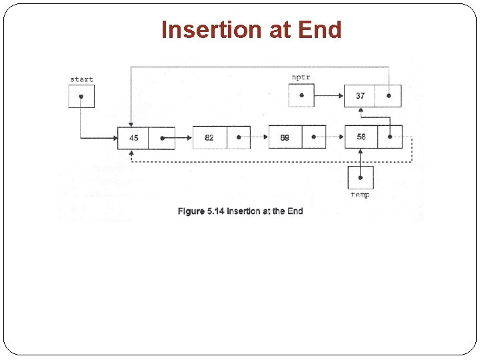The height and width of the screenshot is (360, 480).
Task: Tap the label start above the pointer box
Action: pyautogui.click(x=81, y=79)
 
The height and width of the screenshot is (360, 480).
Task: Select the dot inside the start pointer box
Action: pyautogui.click(x=81, y=96)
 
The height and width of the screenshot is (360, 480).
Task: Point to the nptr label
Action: pyautogui.click(x=301, y=77)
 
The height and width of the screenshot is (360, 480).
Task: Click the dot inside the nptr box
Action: pyautogui.click(x=301, y=95)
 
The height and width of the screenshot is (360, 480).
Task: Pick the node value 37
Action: pyautogui.click(x=360, y=96)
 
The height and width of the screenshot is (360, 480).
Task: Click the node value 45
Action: pyautogui.click(x=133, y=138)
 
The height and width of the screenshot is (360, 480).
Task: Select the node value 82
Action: pyautogui.click(x=209, y=138)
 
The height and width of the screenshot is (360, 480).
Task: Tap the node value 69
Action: pyautogui.click(x=285, y=138)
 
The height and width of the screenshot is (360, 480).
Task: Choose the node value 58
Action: pyautogui.click(x=361, y=137)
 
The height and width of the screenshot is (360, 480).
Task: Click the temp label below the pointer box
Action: pyautogui.click(x=360, y=195)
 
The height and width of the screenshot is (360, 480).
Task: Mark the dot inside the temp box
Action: pyautogui.click(x=361, y=177)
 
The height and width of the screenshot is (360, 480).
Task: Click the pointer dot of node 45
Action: pyautogui.click(x=162, y=138)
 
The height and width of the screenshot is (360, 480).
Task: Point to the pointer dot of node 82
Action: pyautogui.click(x=238, y=138)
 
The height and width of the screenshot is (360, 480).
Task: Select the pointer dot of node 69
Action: pyautogui.click(x=313, y=138)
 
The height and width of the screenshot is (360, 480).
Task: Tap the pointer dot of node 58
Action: pyautogui.click(x=389, y=138)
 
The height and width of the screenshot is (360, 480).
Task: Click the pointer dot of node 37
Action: pyautogui.click(x=389, y=96)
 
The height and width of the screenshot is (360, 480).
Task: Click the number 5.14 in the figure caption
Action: pyautogui.click(x=215, y=211)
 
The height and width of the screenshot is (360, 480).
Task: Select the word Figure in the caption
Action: pyautogui.click(x=191, y=211)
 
